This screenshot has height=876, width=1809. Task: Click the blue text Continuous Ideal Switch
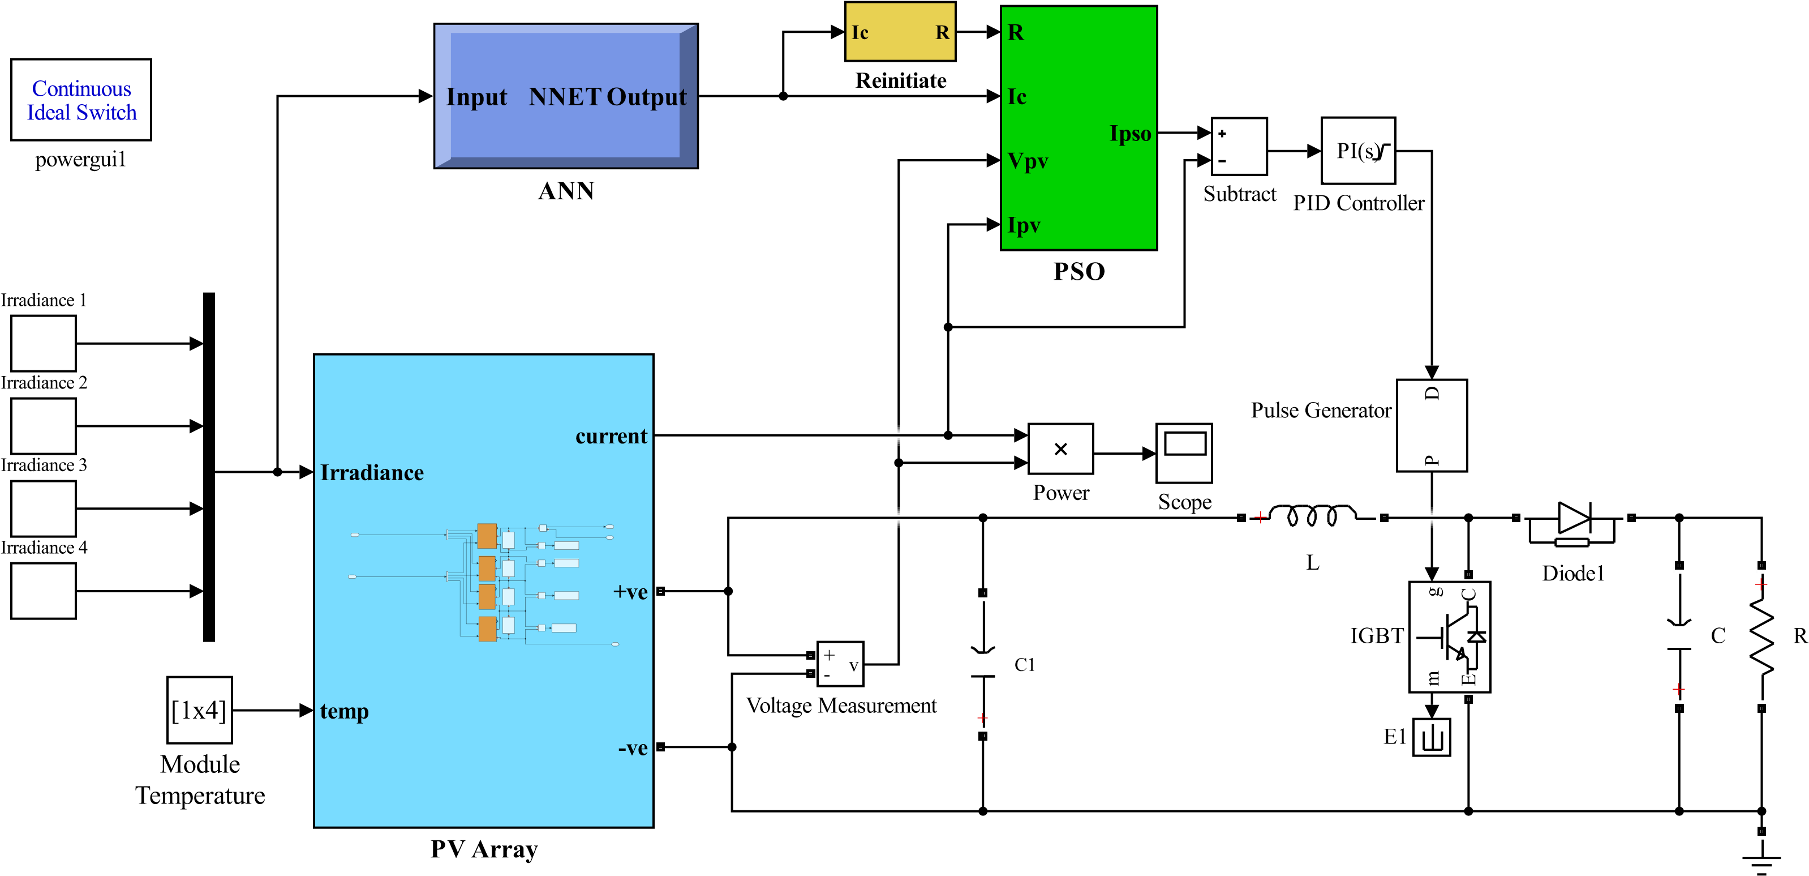tap(81, 100)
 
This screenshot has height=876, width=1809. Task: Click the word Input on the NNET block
tap(476, 97)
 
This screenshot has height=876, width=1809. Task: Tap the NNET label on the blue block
tap(565, 97)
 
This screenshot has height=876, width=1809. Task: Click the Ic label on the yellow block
tap(860, 32)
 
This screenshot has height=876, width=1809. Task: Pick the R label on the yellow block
tap(942, 32)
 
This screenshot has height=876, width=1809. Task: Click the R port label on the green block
tap(1016, 32)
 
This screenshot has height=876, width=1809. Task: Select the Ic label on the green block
tap(1017, 97)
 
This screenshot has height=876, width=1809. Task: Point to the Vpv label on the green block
tap(1028, 161)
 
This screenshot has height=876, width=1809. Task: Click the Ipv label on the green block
tap(1024, 225)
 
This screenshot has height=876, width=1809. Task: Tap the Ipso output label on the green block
tap(1130, 134)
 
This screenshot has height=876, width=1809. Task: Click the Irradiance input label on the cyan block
tap(372, 473)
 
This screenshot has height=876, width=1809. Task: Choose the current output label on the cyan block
tap(611, 436)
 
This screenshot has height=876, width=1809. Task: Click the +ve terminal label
tap(630, 592)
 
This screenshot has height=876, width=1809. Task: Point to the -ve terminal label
tap(633, 748)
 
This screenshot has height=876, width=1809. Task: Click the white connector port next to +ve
tap(661, 592)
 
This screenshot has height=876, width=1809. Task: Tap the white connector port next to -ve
tap(661, 747)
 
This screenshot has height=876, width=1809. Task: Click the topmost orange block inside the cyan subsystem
tap(487, 536)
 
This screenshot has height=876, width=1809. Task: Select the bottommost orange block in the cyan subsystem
tap(487, 629)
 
